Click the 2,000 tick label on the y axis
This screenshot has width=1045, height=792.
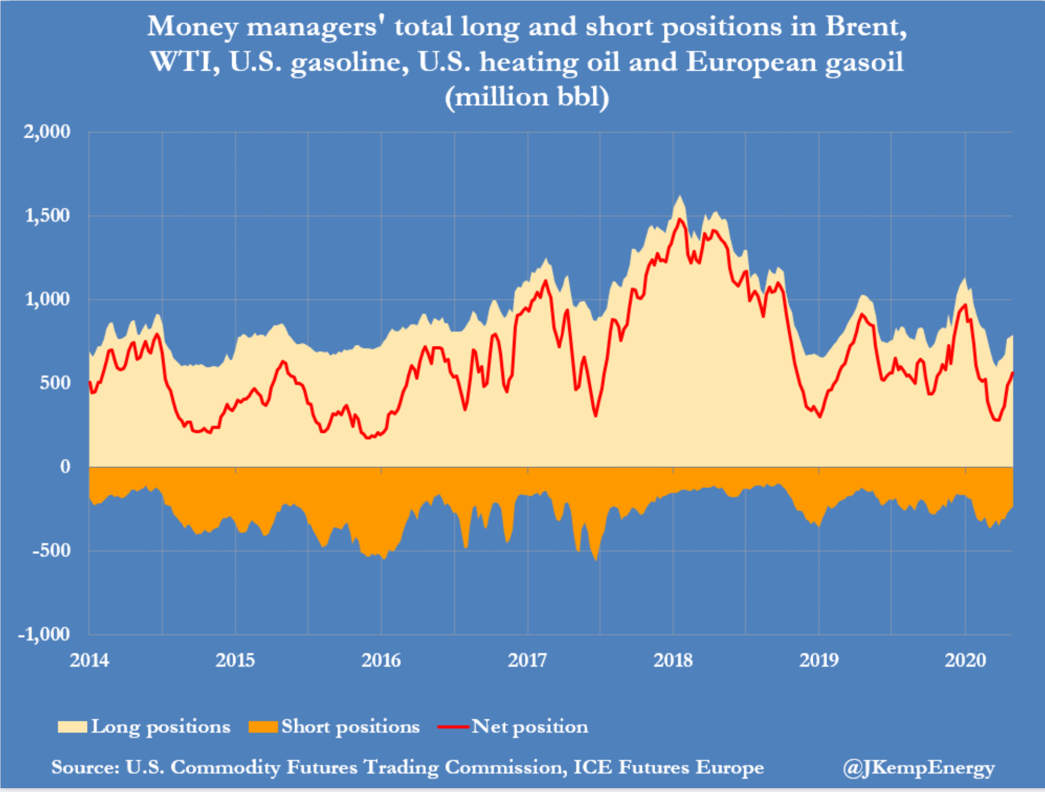pos(47,132)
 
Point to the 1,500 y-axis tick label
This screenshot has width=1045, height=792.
pos(48,216)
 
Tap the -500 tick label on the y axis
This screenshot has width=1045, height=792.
pos(51,551)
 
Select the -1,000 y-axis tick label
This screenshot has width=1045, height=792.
pos(44,634)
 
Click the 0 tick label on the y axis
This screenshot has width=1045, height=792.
pos(65,467)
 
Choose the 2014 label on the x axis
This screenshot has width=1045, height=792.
pos(89,660)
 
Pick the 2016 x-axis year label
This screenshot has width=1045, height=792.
pos(381,660)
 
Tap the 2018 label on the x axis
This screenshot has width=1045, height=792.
pos(673,660)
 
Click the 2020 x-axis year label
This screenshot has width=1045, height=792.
pos(965,660)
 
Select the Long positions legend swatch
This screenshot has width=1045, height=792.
pos(72,727)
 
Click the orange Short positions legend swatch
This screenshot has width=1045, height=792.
pos(263,727)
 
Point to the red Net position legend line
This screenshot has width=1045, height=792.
pos(453,727)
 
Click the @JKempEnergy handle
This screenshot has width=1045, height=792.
pos(919,767)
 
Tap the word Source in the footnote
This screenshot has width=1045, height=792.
pos(85,767)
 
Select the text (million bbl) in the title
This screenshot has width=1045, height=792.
pos(527,97)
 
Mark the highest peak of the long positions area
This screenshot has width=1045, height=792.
pos(679,196)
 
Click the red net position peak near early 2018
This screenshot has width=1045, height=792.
pos(679,219)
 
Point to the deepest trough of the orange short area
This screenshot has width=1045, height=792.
pos(596,560)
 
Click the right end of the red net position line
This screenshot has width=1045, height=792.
pos(1012,373)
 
